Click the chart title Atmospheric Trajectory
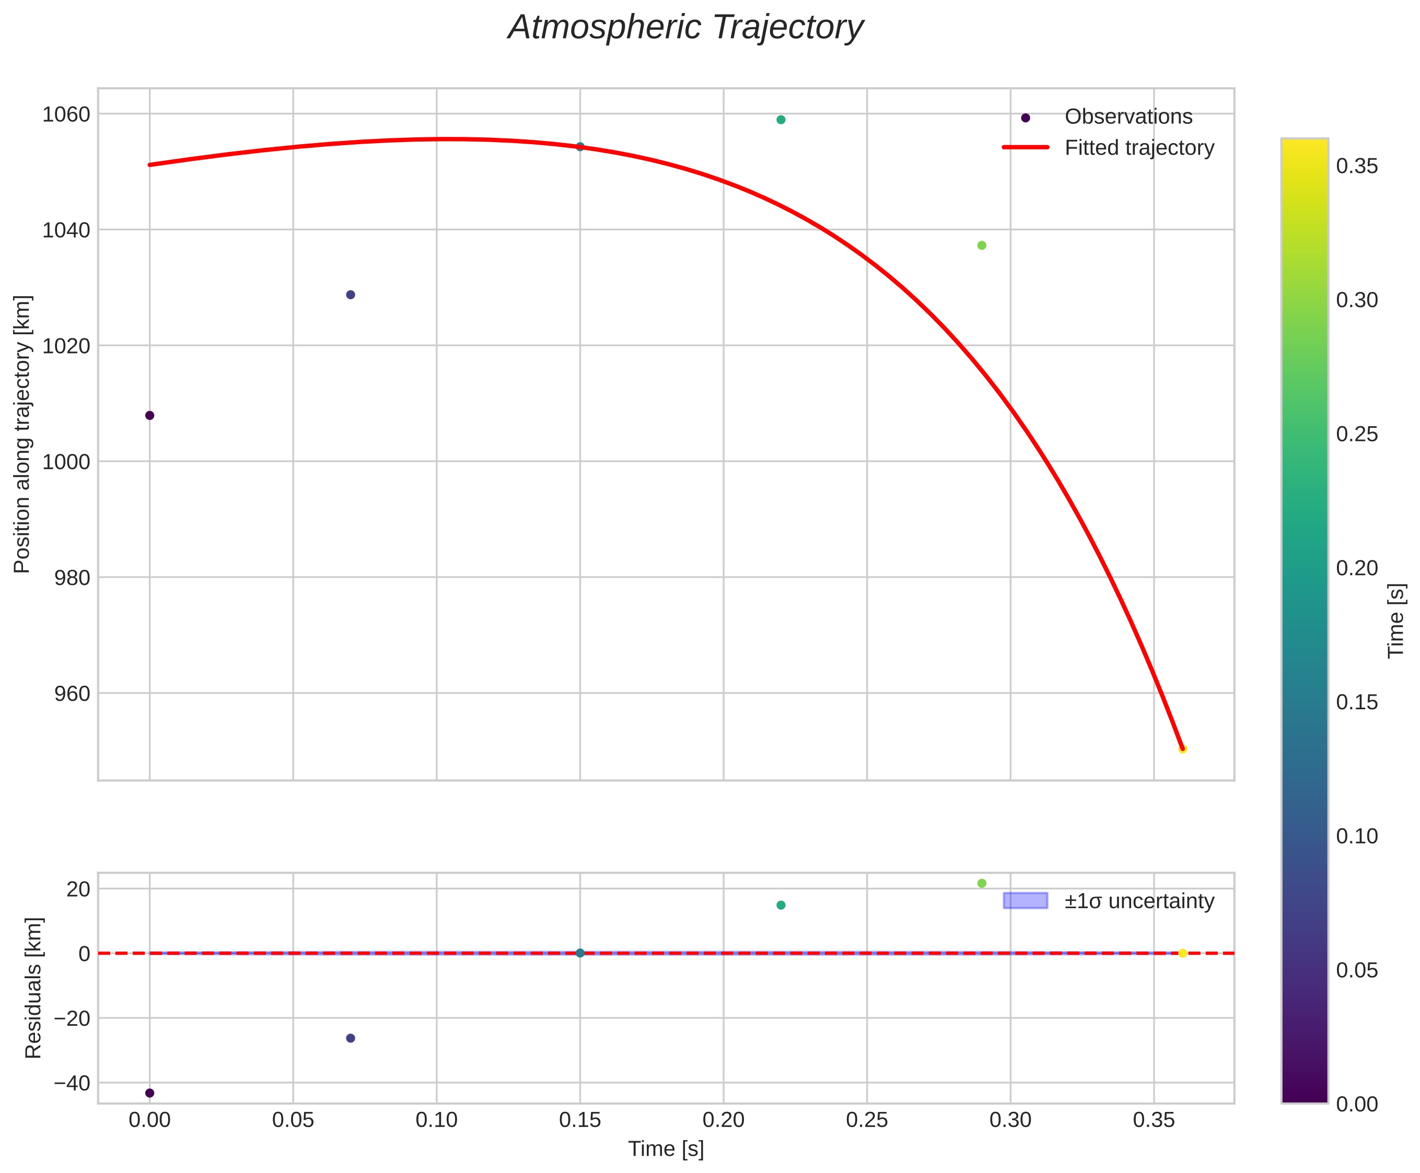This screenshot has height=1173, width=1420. click(x=685, y=28)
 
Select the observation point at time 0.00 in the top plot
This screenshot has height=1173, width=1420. click(x=149, y=415)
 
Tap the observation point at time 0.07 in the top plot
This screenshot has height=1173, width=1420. click(x=350, y=295)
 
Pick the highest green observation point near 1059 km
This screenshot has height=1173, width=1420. click(x=781, y=120)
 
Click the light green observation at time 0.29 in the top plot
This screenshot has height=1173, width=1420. click(x=981, y=245)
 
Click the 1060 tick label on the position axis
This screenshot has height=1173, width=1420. click(x=66, y=115)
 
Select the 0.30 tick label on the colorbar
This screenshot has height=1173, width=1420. click(x=1356, y=300)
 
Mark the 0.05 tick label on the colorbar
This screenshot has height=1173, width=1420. click(x=1356, y=970)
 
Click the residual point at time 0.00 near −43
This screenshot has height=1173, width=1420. click(x=149, y=1093)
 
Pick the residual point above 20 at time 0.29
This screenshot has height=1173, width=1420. click(x=981, y=883)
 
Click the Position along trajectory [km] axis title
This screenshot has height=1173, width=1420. click(x=22, y=434)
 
